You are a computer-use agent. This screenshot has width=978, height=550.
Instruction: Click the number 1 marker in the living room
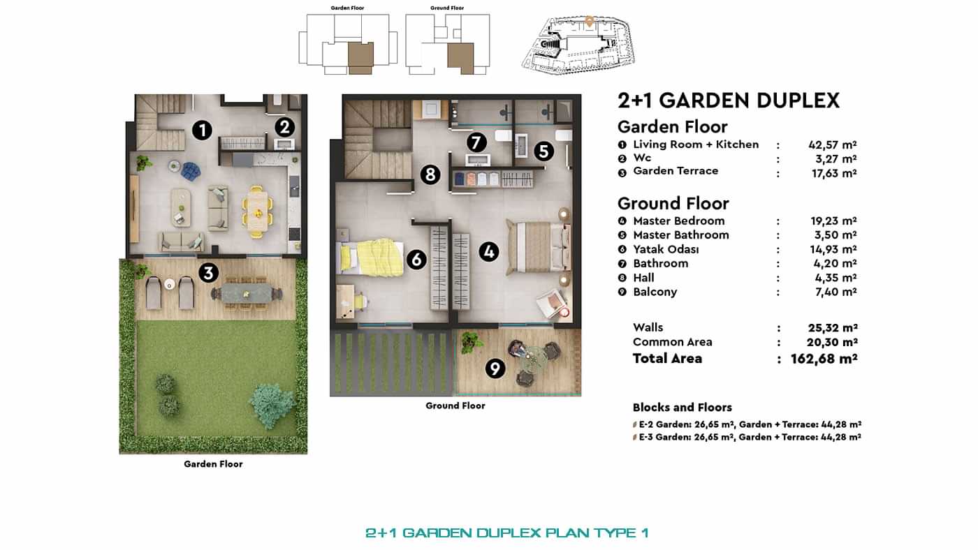click(x=202, y=130)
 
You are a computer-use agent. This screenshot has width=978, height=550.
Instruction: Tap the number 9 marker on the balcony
click(x=495, y=368)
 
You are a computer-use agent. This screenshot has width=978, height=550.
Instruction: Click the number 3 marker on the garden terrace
click(x=208, y=272)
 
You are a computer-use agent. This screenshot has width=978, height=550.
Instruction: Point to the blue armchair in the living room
click(x=190, y=170)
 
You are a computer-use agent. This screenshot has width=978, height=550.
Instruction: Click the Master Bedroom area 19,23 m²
click(x=833, y=221)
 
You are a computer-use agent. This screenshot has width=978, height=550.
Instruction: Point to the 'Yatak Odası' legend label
click(x=666, y=249)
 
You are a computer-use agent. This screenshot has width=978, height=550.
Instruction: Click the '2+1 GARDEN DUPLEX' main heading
click(x=728, y=101)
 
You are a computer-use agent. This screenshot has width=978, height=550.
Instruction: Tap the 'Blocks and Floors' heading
click(x=682, y=408)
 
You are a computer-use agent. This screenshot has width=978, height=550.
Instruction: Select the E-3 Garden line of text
click(x=749, y=437)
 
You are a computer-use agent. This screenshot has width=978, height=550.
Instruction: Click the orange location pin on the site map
click(x=589, y=21)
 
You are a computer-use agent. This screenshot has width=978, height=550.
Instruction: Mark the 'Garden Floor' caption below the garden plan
click(x=213, y=464)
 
